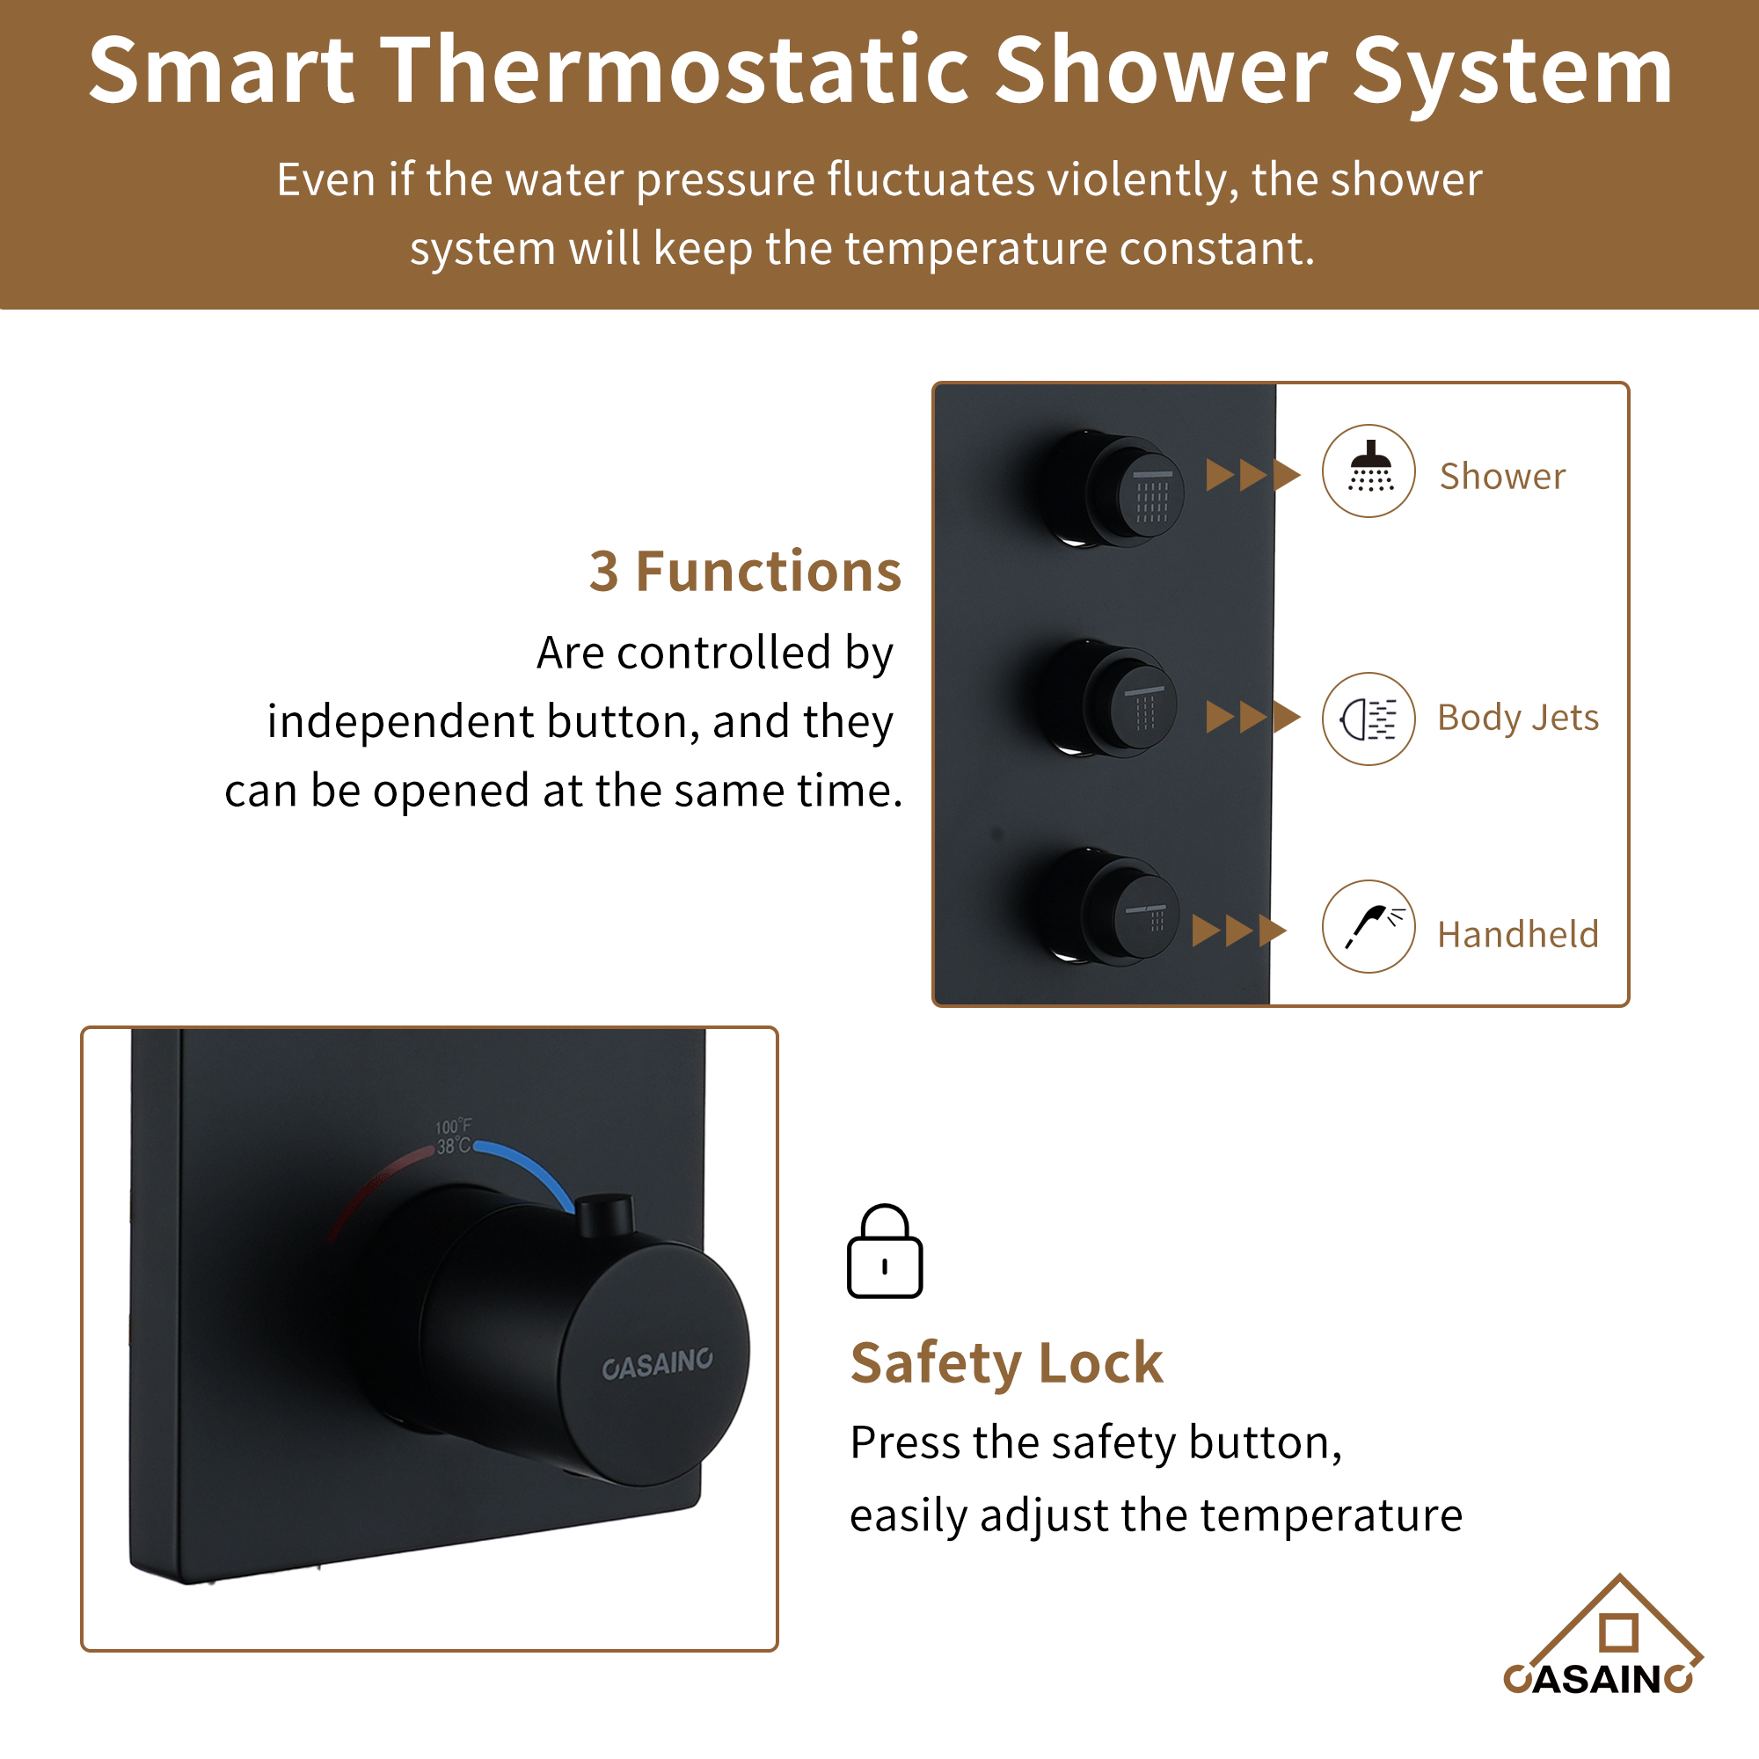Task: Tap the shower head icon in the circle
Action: pyautogui.click(x=1369, y=471)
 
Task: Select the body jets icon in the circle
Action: pyautogui.click(x=1369, y=719)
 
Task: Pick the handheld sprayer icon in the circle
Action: pyautogui.click(x=1369, y=926)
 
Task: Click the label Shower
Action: pyautogui.click(x=1502, y=476)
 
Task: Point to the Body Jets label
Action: pyautogui.click(x=1518, y=719)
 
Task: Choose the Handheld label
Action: pyautogui.click(x=1518, y=934)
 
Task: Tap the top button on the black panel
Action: pyautogui.click(x=1134, y=492)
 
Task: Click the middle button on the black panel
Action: pyautogui.click(x=1129, y=701)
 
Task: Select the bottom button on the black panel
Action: pyautogui.click(x=1129, y=910)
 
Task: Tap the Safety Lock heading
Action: pyautogui.click(x=1006, y=1363)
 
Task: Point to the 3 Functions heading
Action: pyautogui.click(x=745, y=572)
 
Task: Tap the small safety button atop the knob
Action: pyautogui.click(x=604, y=1215)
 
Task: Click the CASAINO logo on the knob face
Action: pyautogui.click(x=657, y=1364)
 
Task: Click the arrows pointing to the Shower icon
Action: pyautogui.click(x=1252, y=474)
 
